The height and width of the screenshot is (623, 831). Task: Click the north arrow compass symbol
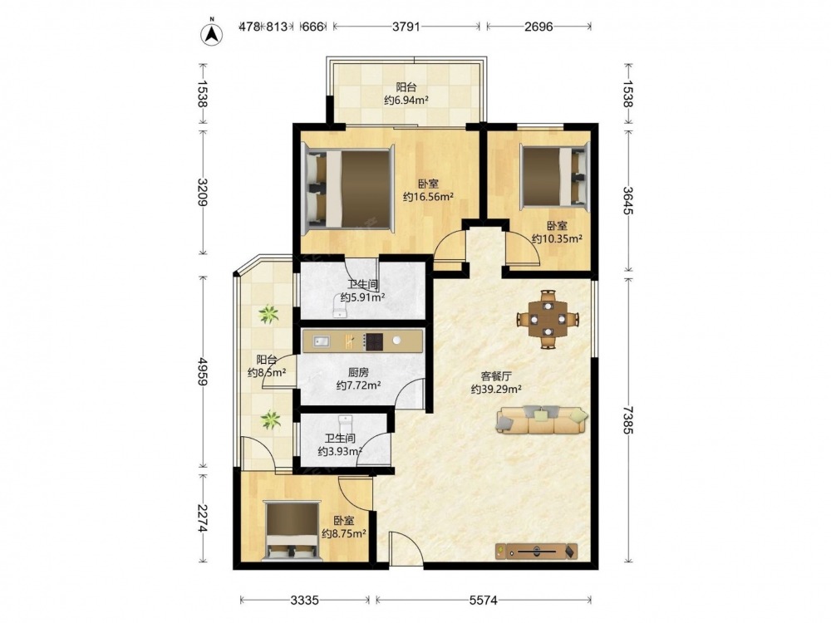(211, 33)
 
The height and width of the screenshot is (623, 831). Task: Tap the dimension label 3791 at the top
(406, 27)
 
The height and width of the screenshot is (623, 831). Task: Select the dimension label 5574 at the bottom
(484, 600)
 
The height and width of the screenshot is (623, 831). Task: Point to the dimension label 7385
(627, 420)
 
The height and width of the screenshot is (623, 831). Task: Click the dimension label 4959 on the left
(202, 372)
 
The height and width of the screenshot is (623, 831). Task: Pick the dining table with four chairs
(548, 320)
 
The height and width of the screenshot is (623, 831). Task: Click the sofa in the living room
(542, 419)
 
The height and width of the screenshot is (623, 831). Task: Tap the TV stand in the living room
(536, 552)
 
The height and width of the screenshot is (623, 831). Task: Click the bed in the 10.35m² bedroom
(554, 176)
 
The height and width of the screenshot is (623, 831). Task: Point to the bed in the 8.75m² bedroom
(293, 532)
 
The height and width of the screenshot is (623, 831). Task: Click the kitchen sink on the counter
(322, 341)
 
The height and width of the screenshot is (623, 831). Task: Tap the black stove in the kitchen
(374, 341)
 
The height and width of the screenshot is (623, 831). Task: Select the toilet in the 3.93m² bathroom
(345, 424)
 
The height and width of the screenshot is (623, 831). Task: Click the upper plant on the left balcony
(268, 314)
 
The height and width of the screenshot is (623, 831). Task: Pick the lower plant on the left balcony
(271, 419)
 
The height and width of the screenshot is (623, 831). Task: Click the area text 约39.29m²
(496, 390)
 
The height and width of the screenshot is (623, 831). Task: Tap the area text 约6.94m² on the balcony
(406, 101)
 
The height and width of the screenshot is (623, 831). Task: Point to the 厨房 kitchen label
(358, 373)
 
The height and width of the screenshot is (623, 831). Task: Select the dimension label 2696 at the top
(538, 27)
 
